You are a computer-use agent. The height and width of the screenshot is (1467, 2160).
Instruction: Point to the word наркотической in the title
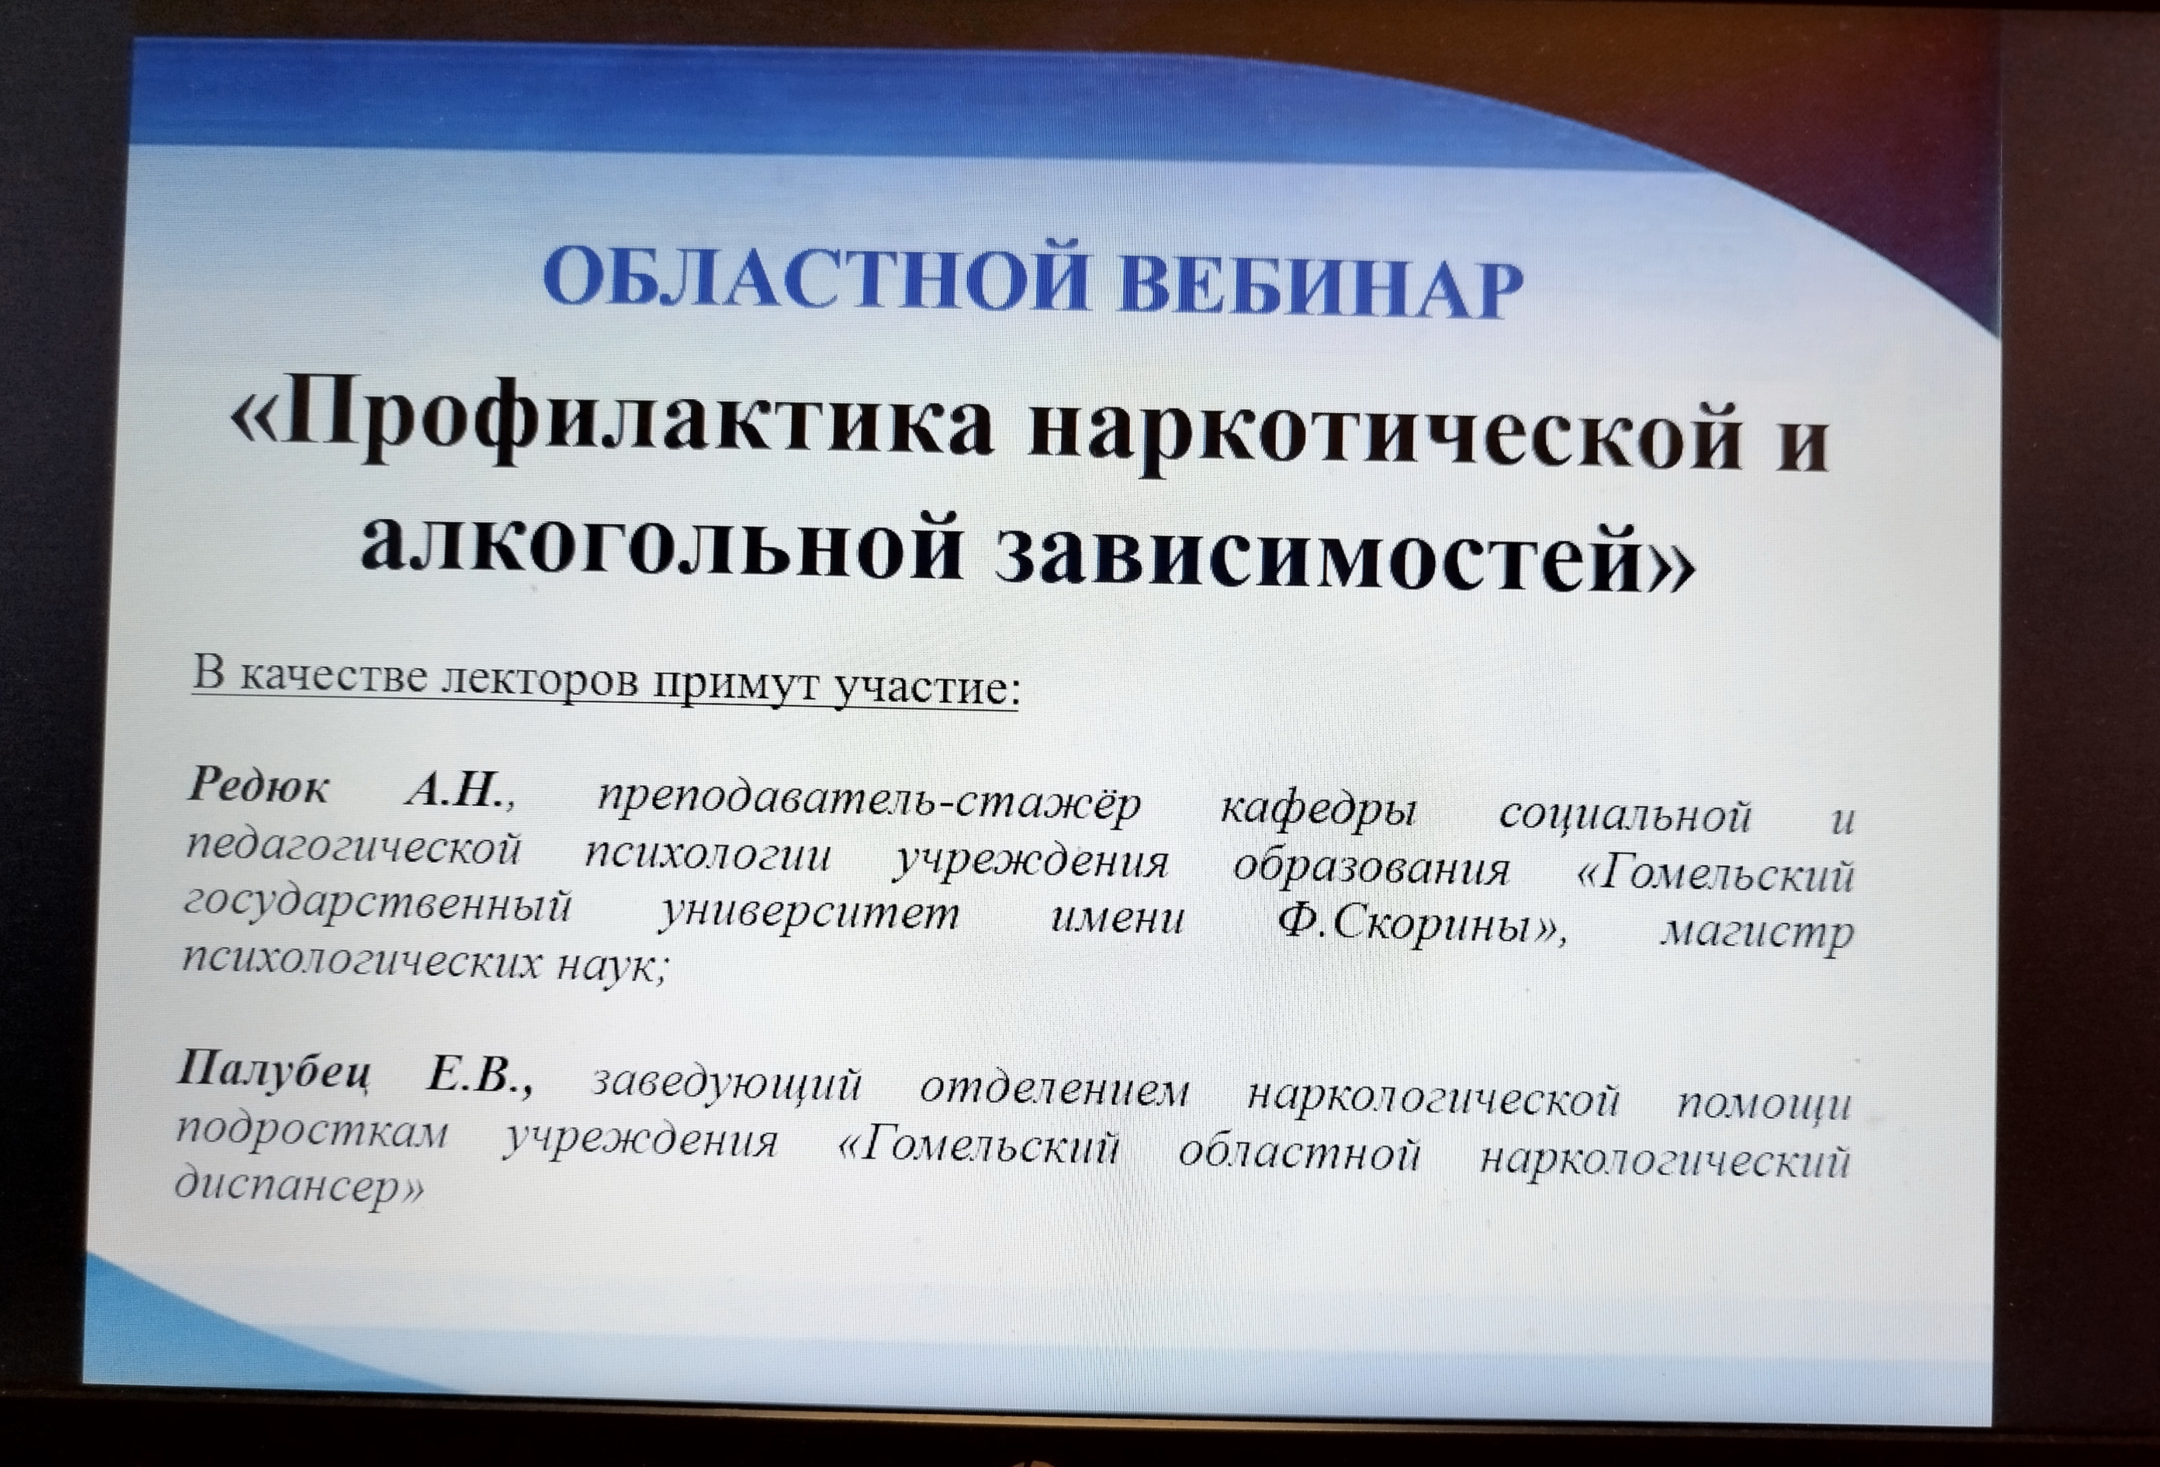pos(1385,432)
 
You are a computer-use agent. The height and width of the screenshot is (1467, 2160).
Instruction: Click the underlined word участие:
pos(925,689)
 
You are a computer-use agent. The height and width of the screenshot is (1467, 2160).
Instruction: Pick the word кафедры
pos(1318,810)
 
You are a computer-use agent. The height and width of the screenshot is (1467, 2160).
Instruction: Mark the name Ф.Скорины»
pos(1421,923)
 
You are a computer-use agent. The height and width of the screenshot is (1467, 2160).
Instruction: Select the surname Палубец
pos(274,1069)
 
